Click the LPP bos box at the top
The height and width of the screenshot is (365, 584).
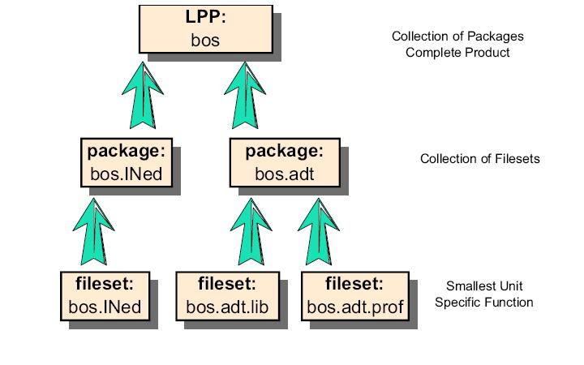point(208,28)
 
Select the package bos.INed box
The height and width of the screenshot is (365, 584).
point(127,163)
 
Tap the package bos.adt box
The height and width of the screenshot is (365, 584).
point(284,163)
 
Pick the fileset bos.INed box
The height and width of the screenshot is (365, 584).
point(105,297)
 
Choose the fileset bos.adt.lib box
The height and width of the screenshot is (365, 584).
point(227,297)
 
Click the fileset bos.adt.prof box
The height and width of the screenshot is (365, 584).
point(354,297)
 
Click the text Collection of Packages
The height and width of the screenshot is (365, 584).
point(457,36)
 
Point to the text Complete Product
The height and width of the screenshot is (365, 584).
point(457,52)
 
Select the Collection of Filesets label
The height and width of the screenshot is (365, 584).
point(479,159)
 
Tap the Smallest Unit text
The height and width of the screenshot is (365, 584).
point(483,286)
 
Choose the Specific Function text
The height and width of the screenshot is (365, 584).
point(483,303)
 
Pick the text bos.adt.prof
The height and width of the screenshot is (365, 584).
point(354,307)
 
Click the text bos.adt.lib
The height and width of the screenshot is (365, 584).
point(227,307)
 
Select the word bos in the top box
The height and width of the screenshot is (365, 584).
point(206,39)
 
